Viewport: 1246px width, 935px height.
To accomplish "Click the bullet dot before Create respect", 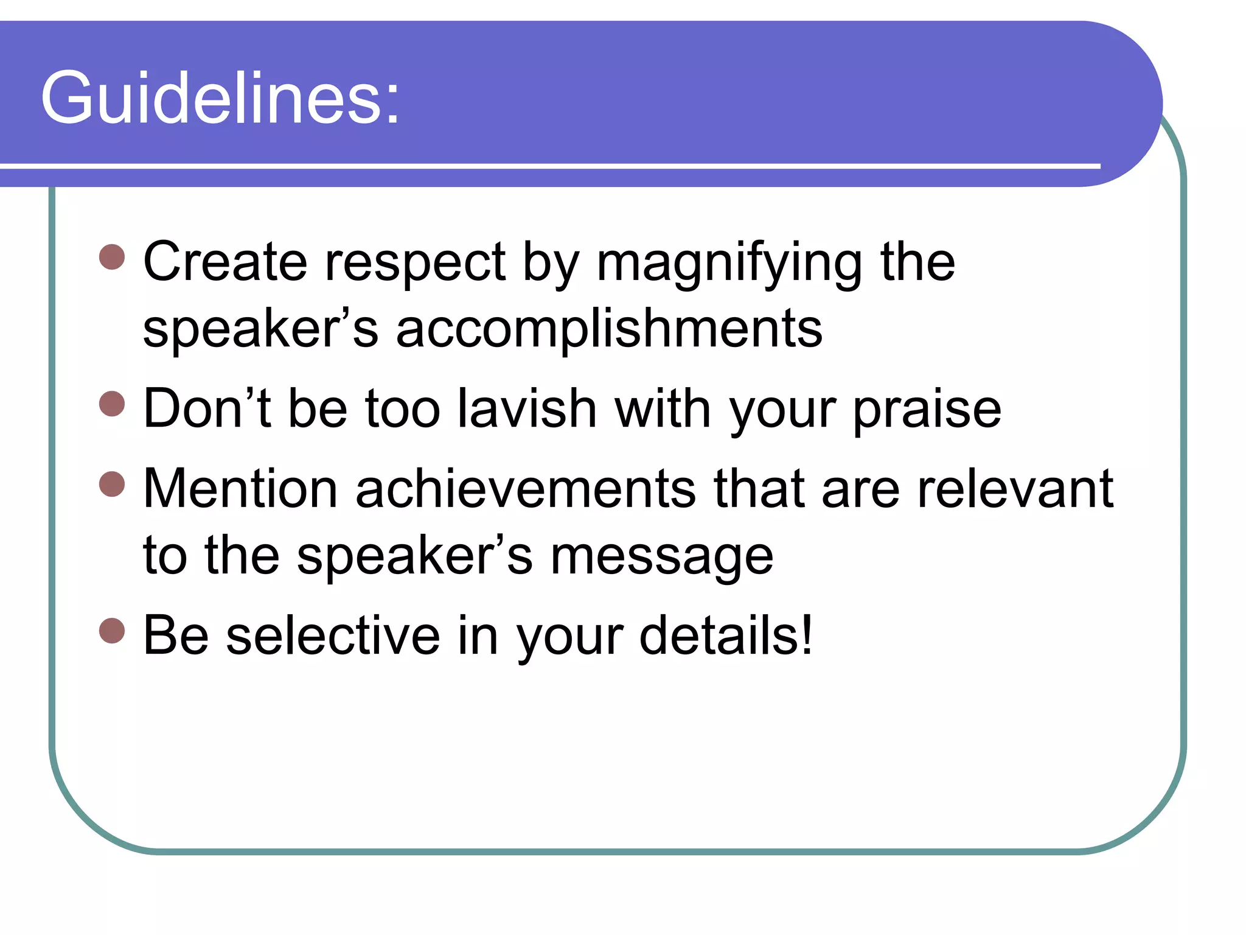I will [x=112, y=257].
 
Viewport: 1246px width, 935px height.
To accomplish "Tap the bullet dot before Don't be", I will [x=112, y=404].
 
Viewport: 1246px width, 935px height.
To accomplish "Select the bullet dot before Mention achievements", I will [x=112, y=484].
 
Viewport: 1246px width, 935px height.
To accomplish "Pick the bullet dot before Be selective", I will [x=112, y=631].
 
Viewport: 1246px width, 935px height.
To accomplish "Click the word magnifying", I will [x=729, y=265].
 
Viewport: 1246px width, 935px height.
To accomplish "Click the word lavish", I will [x=526, y=408].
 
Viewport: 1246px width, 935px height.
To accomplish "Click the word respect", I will [x=415, y=265].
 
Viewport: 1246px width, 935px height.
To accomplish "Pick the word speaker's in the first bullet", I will [x=260, y=331].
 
